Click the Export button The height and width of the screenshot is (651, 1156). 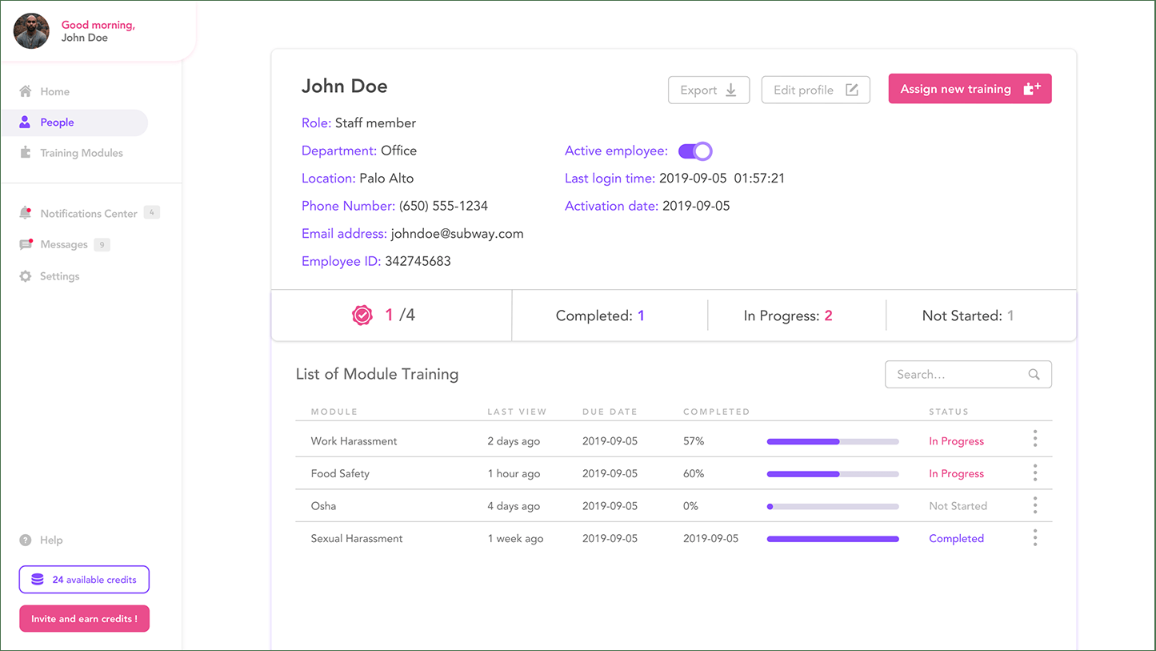tap(708, 90)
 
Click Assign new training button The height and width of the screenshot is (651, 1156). tap(970, 89)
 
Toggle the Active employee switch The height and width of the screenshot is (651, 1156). tap(695, 151)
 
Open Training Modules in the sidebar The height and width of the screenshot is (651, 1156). tap(81, 153)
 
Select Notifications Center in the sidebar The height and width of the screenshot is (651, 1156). tap(88, 214)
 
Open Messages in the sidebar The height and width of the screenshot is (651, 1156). tap(63, 245)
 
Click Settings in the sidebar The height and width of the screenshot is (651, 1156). tap(59, 276)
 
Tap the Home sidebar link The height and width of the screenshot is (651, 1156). tap(54, 92)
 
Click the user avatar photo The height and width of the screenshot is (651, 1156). tap(31, 31)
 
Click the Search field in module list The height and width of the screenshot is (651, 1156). tap(960, 375)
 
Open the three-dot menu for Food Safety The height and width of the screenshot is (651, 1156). tap(1034, 473)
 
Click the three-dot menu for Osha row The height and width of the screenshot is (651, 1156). tap(1034, 505)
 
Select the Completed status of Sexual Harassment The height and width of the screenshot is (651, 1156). tap(956, 539)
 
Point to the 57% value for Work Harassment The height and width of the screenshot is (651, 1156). tap(694, 441)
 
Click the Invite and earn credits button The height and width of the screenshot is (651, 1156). tap(84, 619)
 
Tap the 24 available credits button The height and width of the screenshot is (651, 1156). tap(84, 580)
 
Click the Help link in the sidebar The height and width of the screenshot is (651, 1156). tap(50, 540)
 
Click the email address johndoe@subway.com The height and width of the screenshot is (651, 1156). tap(457, 234)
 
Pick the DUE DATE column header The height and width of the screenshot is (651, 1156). tap(610, 412)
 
